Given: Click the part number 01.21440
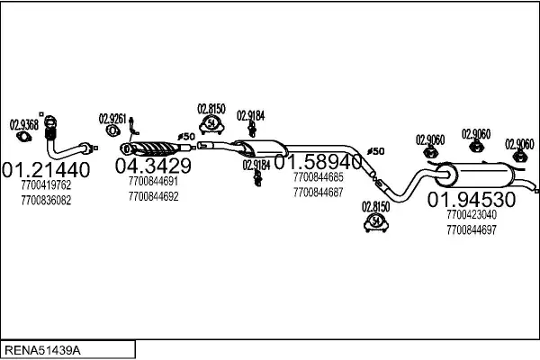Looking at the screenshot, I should pyautogui.click(x=46, y=169).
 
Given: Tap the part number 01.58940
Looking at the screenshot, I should pyautogui.click(x=324, y=162).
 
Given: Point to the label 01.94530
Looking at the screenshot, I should pyautogui.click(x=471, y=199).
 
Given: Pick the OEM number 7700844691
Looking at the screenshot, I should pyautogui.click(x=153, y=181).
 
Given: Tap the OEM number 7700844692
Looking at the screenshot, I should pyautogui.click(x=153, y=195).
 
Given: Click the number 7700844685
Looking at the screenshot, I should pyautogui.click(x=318, y=177).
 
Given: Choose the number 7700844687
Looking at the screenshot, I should pyautogui.click(x=318, y=192).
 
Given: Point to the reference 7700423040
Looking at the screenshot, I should pyautogui.click(x=471, y=215).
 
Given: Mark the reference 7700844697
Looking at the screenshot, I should pyautogui.click(x=471, y=230).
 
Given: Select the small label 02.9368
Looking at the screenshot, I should pyautogui.click(x=24, y=125).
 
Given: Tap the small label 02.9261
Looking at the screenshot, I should pyautogui.click(x=113, y=118).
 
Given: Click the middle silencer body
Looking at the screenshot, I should pyautogui.click(x=261, y=151).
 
